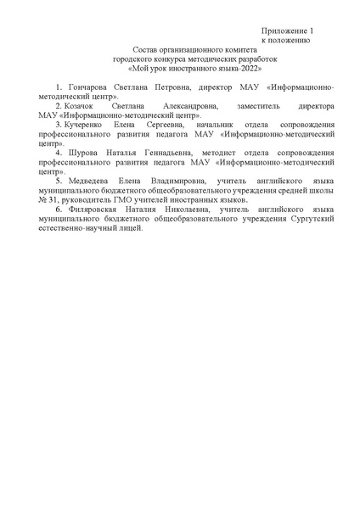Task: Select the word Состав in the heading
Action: [147, 52]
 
